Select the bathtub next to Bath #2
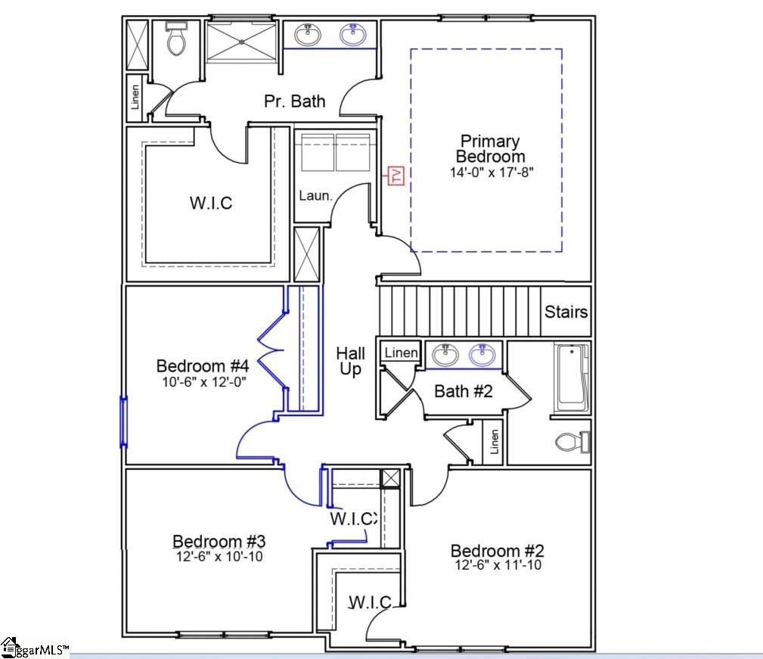tap(572, 378)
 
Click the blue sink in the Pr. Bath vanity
tap(352, 34)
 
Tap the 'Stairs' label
tap(566, 311)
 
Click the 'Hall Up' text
tap(350, 361)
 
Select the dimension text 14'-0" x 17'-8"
tap(489, 172)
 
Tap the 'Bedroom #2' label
tap(497, 551)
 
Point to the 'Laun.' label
tap(315, 195)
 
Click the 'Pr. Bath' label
tap(294, 101)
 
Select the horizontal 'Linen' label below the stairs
tap(401, 353)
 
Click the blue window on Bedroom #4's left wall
tap(123, 421)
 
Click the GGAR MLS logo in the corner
tap(34, 648)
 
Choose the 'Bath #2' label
tap(463, 390)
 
